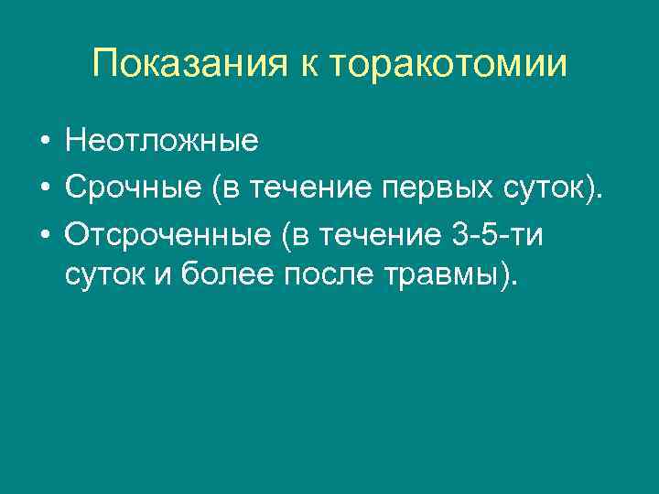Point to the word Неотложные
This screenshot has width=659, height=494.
(x=162, y=143)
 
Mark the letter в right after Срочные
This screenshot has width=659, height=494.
(x=230, y=188)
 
